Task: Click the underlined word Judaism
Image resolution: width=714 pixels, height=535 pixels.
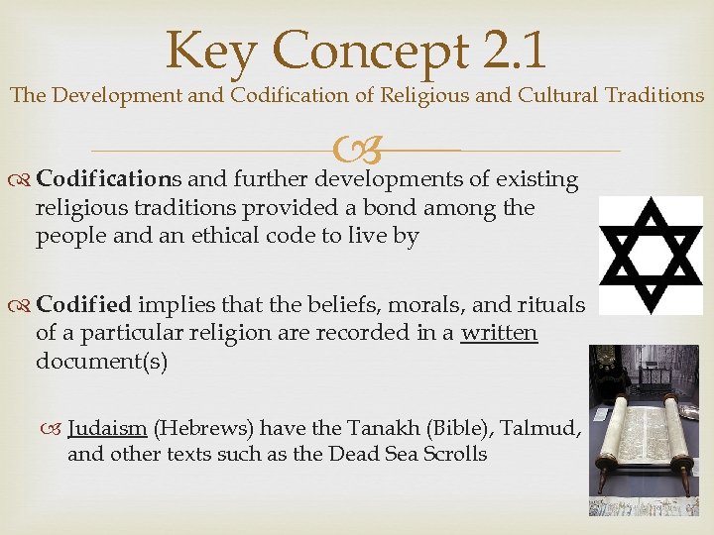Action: click(107, 428)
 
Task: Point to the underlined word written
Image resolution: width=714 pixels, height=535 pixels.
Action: click(499, 334)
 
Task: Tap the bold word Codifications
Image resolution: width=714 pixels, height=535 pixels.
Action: click(108, 179)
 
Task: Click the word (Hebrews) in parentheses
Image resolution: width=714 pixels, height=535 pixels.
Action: click(202, 428)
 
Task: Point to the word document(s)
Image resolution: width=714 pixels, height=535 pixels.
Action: click(101, 361)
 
